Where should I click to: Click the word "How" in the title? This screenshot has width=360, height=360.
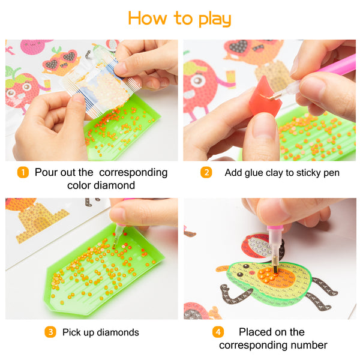tap(148, 18)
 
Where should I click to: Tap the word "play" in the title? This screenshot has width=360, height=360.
tap(215, 19)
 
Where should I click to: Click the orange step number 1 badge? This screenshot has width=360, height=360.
tap(23, 172)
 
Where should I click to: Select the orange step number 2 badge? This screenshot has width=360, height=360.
tap(206, 172)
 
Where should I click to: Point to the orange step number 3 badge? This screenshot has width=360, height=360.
tap(50, 332)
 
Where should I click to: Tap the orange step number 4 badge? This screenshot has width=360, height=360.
tap(218, 332)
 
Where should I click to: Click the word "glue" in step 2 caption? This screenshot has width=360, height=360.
tap(254, 173)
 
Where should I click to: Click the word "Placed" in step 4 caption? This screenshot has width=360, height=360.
tap(256, 332)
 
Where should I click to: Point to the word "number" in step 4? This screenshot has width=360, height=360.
tap(309, 345)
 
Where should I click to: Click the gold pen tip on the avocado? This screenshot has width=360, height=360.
tap(275, 265)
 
